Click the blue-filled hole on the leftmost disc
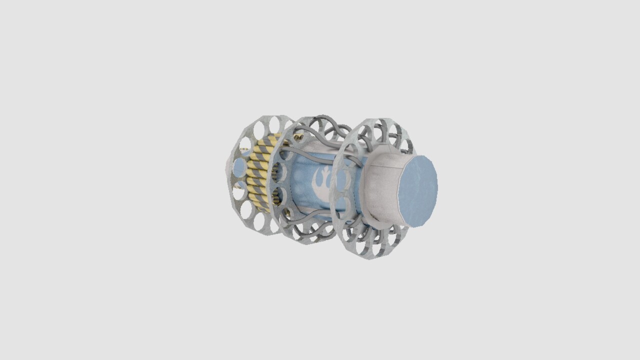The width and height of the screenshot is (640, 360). pyautogui.click(x=240, y=167)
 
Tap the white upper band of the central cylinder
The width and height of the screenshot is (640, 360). pyautogui.click(x=314, y=147)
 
